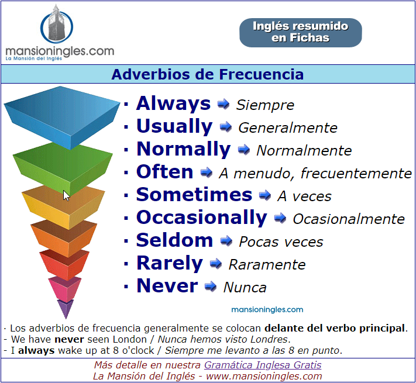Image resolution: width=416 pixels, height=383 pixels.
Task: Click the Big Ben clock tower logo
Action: point(57,25)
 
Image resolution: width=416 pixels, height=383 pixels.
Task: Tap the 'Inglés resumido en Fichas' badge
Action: point(301,33)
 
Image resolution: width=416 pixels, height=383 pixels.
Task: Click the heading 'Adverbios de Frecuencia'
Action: point(208,74)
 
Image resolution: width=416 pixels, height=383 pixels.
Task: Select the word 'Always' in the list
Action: point(173,103)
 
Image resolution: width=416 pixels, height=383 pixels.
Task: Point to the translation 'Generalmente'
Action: point(288,127)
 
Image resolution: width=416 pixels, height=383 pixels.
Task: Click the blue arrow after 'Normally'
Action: point(244,150)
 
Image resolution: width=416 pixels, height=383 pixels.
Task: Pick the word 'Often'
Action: point(165,172)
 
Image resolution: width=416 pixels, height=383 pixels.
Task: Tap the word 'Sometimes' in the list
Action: point(194,195)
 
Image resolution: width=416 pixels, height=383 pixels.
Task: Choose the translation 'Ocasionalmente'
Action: point(349,219)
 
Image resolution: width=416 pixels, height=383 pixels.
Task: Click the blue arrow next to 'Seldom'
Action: point(226,241)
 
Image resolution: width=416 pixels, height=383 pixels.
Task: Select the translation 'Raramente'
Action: point(267,265)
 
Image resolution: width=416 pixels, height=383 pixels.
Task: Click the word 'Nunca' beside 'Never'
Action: point(245,288)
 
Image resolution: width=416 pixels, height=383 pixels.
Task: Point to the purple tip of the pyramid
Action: point(66,308)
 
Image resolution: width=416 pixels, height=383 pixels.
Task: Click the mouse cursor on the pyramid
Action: point(66,196)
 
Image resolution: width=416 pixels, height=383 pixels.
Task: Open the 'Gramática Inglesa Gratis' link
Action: point(263,365)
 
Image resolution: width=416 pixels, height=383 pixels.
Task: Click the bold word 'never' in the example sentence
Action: point(69,340)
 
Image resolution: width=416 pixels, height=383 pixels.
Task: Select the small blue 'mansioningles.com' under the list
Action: point(267,309)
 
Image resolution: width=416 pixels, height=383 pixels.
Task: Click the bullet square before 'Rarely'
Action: point(126,264)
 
